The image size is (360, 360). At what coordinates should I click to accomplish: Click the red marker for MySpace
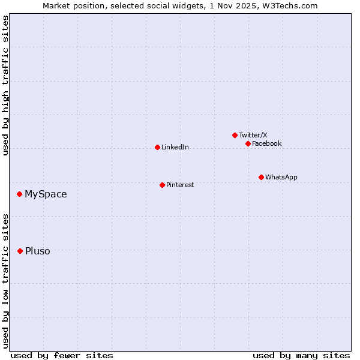pyautogui.click(x=20, y=194)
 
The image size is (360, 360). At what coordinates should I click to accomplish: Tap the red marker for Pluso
pyautogui.click(x=20, y=251)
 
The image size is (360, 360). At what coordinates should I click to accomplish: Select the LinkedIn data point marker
pyautogui.click(x=157, y=147)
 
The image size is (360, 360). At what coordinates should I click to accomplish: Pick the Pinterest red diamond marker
pyautogui.click(x=162, y=185)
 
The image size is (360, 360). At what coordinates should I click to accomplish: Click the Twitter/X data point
pyautogui.click(x=235, y=135)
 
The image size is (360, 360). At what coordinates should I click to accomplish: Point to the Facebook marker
pyautogui.click(x=248, y=143)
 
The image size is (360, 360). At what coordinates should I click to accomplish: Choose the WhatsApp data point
pyautogui.click(x=261, y=177)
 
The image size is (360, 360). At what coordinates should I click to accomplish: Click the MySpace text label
pyautogui.click(x=46, y=194)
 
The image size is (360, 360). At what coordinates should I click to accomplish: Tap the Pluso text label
pyautogui.click(x=37, y=251)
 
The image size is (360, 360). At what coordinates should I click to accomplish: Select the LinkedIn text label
pyautogui.click(x=175, y=148)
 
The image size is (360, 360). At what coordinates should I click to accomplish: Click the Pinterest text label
pyautogui.click(x=180, y=185)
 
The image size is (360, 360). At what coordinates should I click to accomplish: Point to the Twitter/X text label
pyautogui.click(x=253, y=135)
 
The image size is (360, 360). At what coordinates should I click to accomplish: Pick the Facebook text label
pyautogui.click(x=266, y=143)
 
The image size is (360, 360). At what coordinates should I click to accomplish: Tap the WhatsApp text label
pyautogui.click(x=281, y=177)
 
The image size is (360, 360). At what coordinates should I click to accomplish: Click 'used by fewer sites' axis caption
pyautogui.click(x=62, y=355)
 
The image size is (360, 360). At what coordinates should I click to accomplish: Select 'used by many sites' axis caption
pyautogui.click(x=301, y=355)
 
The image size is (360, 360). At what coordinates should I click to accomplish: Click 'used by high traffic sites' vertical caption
pyautogui.click(x=5, y=85)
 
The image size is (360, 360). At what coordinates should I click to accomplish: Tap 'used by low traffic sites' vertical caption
pyautogui.click(x=5, y=280)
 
